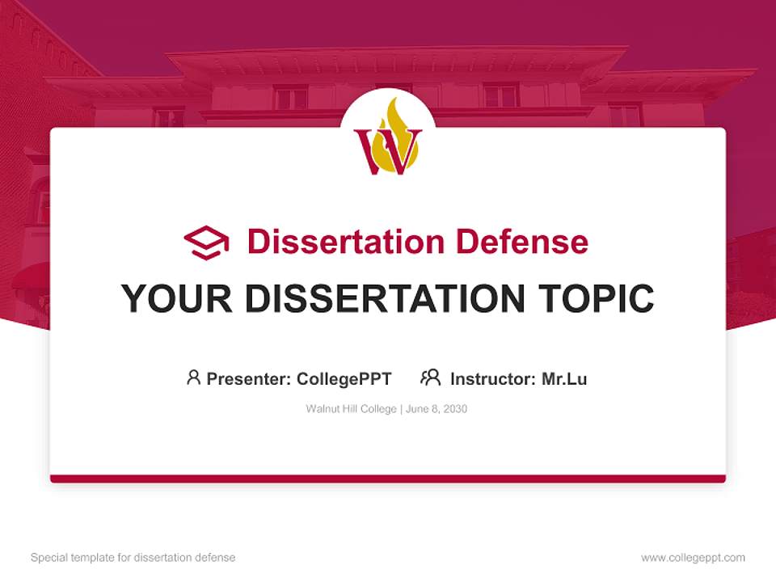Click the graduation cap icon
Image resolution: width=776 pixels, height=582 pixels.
(206, 242)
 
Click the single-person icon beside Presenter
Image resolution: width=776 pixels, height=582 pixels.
(193, 377)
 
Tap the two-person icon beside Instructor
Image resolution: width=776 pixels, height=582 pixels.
(430, 377)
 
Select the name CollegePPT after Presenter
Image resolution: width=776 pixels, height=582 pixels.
(344, 378)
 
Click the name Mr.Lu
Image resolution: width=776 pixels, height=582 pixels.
(564, 378)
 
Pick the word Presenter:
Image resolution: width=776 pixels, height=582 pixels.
(249, 378)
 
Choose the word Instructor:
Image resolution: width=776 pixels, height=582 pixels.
(493, 378)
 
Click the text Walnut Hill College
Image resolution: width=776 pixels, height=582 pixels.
(350, 409)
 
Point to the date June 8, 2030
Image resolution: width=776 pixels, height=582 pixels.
(436, 409)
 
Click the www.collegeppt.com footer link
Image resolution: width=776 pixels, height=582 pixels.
(693, 558)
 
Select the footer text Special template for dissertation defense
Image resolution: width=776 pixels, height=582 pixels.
(133, 558)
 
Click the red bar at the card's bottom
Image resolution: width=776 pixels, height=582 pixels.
(388, 479)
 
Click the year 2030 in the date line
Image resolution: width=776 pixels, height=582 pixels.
(454, 409)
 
